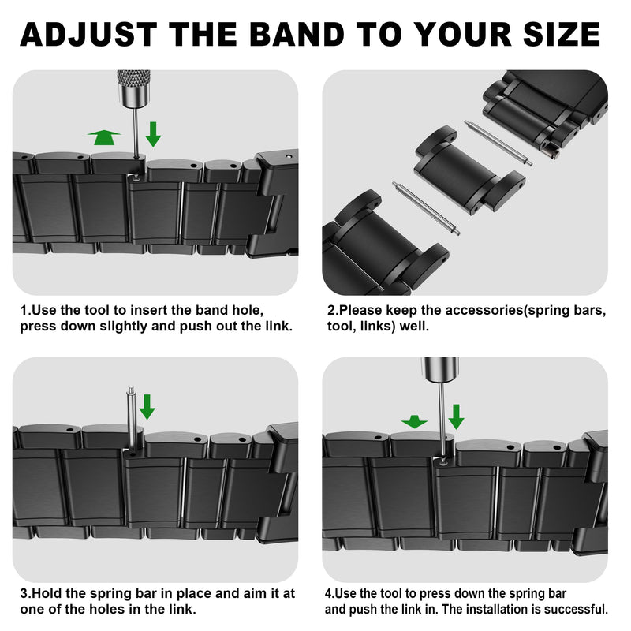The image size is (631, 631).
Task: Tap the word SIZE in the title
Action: tap(562, 34)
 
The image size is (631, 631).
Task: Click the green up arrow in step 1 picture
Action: tap(104, 137)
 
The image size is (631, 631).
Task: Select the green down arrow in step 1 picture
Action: tap(153, 134)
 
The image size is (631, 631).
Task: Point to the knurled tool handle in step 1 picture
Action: tap(133, 89)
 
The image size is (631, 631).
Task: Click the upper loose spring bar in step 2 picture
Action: tap(498, 143)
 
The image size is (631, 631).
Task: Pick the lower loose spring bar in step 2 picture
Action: tap(426, 208)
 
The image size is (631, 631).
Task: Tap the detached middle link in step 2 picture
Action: tap(469, 170)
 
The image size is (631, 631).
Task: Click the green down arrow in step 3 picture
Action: tap(147, 407)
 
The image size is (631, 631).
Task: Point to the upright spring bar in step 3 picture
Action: tap(131, 419)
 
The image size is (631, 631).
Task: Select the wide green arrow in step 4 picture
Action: tap(414, 422)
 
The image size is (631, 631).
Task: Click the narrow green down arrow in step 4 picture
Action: tap(456, 417)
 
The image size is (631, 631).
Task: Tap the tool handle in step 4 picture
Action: tap(440, 369)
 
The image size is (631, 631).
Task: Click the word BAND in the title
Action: tap(297, 34)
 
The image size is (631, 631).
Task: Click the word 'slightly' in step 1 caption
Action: tap(124, 327)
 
